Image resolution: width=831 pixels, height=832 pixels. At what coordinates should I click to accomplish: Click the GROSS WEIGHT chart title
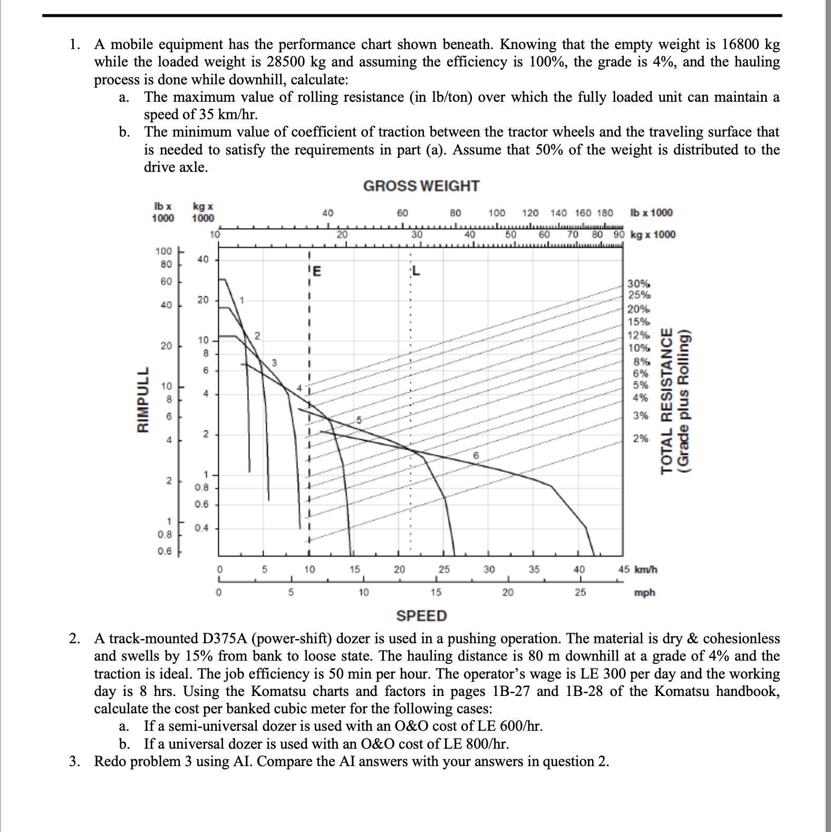tap(421, 186)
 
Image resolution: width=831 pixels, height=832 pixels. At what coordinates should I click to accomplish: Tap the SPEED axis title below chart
tap(421, 615)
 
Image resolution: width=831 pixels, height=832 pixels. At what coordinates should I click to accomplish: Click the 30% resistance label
tap(639, 284)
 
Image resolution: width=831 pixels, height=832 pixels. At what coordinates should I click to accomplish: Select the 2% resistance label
tap(641, 438)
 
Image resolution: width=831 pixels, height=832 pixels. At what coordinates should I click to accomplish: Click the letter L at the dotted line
tap(416, 272)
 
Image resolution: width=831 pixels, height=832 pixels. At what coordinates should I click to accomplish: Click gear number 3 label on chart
tap(274, 362)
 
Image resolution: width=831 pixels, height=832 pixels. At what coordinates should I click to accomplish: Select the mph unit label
tap(644, 593)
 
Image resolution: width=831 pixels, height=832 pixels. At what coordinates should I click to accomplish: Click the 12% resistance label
tap(639, 335)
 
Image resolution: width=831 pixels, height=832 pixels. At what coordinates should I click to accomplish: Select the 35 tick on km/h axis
tap(534, 569)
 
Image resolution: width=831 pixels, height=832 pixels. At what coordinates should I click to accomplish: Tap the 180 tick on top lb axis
tap(605, 213)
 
